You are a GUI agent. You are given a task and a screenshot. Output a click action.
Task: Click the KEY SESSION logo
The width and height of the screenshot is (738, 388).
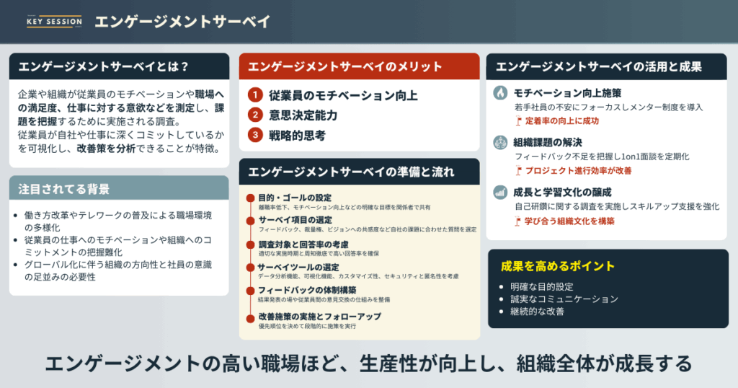[53, 21]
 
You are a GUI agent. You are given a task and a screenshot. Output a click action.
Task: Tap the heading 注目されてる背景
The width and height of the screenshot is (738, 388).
[64, 190]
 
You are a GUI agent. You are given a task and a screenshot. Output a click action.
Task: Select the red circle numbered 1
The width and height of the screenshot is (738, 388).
[254, 95]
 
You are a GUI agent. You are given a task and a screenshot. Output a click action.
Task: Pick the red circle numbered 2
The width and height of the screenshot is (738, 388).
[254, 115]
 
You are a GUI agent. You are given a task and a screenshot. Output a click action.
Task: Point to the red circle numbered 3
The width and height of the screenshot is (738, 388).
[254, 134]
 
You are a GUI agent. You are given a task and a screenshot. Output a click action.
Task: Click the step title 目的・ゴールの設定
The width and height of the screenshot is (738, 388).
[295, 198]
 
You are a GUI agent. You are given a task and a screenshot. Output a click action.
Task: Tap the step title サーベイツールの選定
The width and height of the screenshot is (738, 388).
[300, 268]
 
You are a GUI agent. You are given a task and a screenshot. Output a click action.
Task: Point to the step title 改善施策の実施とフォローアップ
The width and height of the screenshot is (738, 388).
[320, 317]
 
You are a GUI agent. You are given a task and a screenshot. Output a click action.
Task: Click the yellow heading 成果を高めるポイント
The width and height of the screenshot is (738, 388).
[558, 267]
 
